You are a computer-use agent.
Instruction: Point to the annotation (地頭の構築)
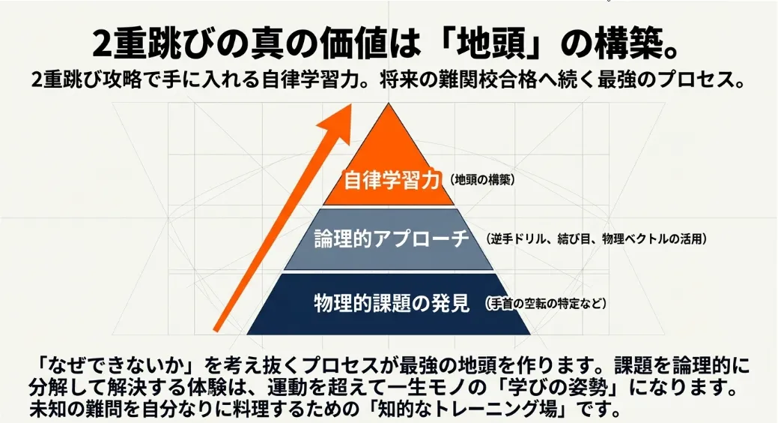(x=483, y=181)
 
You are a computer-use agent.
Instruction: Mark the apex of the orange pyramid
(x=388, y=105)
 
